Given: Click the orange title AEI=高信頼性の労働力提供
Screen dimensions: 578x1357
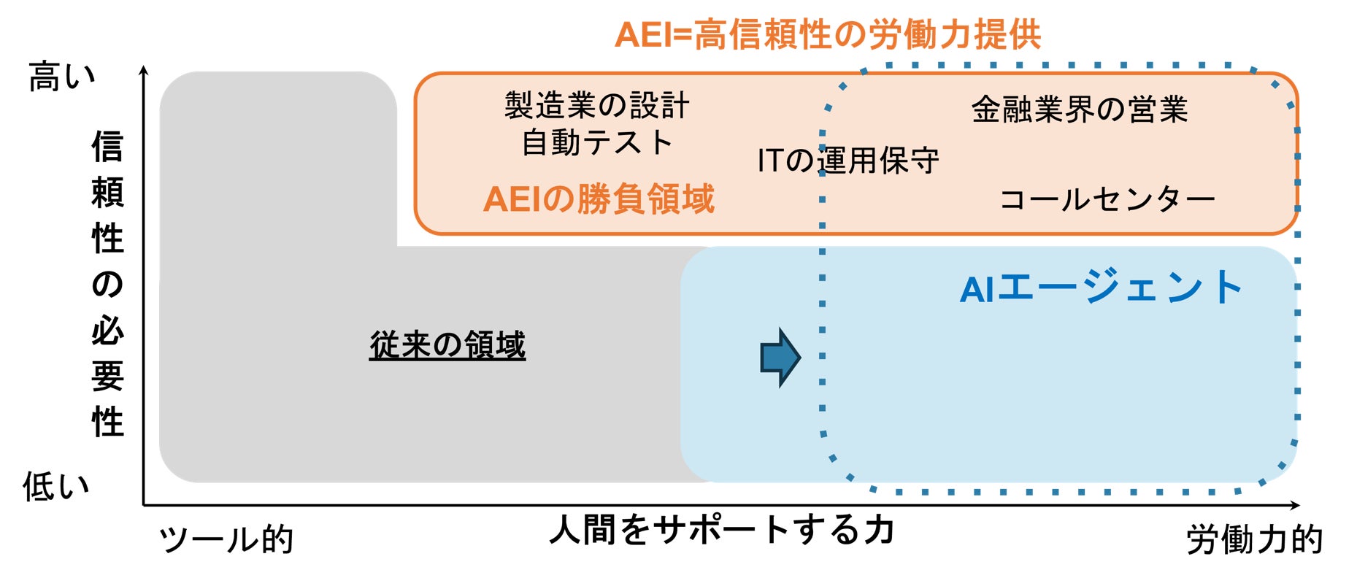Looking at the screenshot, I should pos(827,34).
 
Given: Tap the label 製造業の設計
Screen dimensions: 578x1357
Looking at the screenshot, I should pos(596,106).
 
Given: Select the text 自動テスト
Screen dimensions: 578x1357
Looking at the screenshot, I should pos(596,142).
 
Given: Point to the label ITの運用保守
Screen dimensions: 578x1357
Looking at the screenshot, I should pos(847,161).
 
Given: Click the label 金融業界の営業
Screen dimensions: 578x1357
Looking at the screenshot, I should pos(1079,110).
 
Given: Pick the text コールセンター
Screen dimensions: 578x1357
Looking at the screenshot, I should pos(1106,199).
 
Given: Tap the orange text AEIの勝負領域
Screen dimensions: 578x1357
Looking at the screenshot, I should pos(599,199).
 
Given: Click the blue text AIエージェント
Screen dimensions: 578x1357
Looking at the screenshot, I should pos(1100,288).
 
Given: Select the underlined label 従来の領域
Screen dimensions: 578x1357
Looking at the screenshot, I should pos(447,345).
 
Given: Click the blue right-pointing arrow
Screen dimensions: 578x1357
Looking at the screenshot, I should pos(780,357).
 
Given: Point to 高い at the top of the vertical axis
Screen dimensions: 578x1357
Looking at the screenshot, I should pos(62,77).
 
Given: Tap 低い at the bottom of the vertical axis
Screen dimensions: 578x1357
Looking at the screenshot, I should pos(56,486).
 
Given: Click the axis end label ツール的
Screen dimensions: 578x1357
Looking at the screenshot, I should pos(226,540).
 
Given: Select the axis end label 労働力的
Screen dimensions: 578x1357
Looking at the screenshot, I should pos(1254,540).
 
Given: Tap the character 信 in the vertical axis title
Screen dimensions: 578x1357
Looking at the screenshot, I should pos(107,147).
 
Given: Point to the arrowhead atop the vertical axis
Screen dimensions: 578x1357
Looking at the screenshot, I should pos(144,70).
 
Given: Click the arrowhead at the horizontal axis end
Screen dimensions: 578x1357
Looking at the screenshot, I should pos(1295,505).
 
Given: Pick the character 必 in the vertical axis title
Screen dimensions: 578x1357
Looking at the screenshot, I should pos(107,331).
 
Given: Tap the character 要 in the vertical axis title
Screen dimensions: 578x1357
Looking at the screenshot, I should pos(107,377).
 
